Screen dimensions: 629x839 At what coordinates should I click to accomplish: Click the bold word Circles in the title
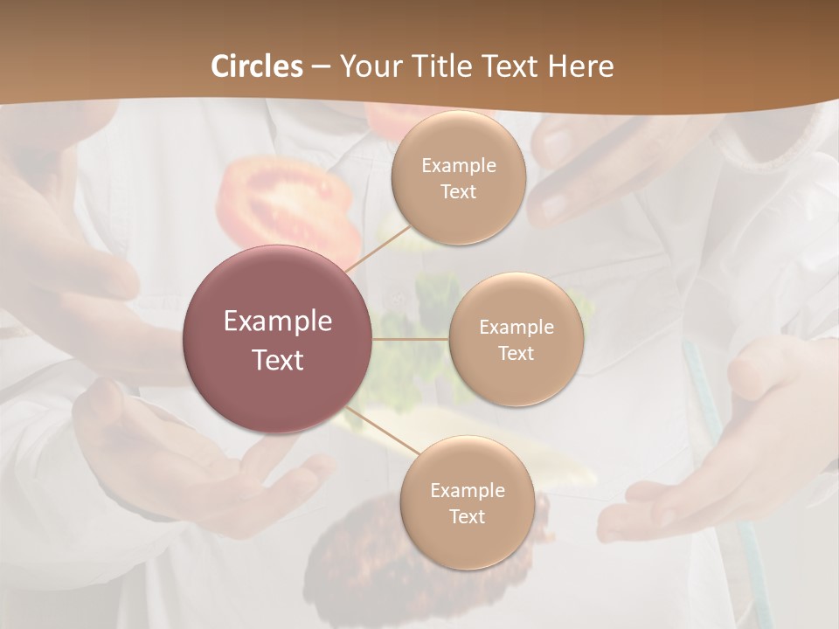[257, 66]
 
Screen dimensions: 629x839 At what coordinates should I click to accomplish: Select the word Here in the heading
[580, 66]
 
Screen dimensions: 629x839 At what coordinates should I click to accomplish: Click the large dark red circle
[278, 339]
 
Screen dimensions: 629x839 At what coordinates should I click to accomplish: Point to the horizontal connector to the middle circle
[410, 339]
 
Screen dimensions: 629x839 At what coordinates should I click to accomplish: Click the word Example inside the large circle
[278, 321]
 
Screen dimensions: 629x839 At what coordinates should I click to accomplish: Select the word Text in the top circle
[459, 192]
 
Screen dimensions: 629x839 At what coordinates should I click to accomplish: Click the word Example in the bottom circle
[467, 490]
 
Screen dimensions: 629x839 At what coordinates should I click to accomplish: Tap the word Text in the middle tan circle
[516, 354]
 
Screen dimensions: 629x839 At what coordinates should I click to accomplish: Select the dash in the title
[321, 67]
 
